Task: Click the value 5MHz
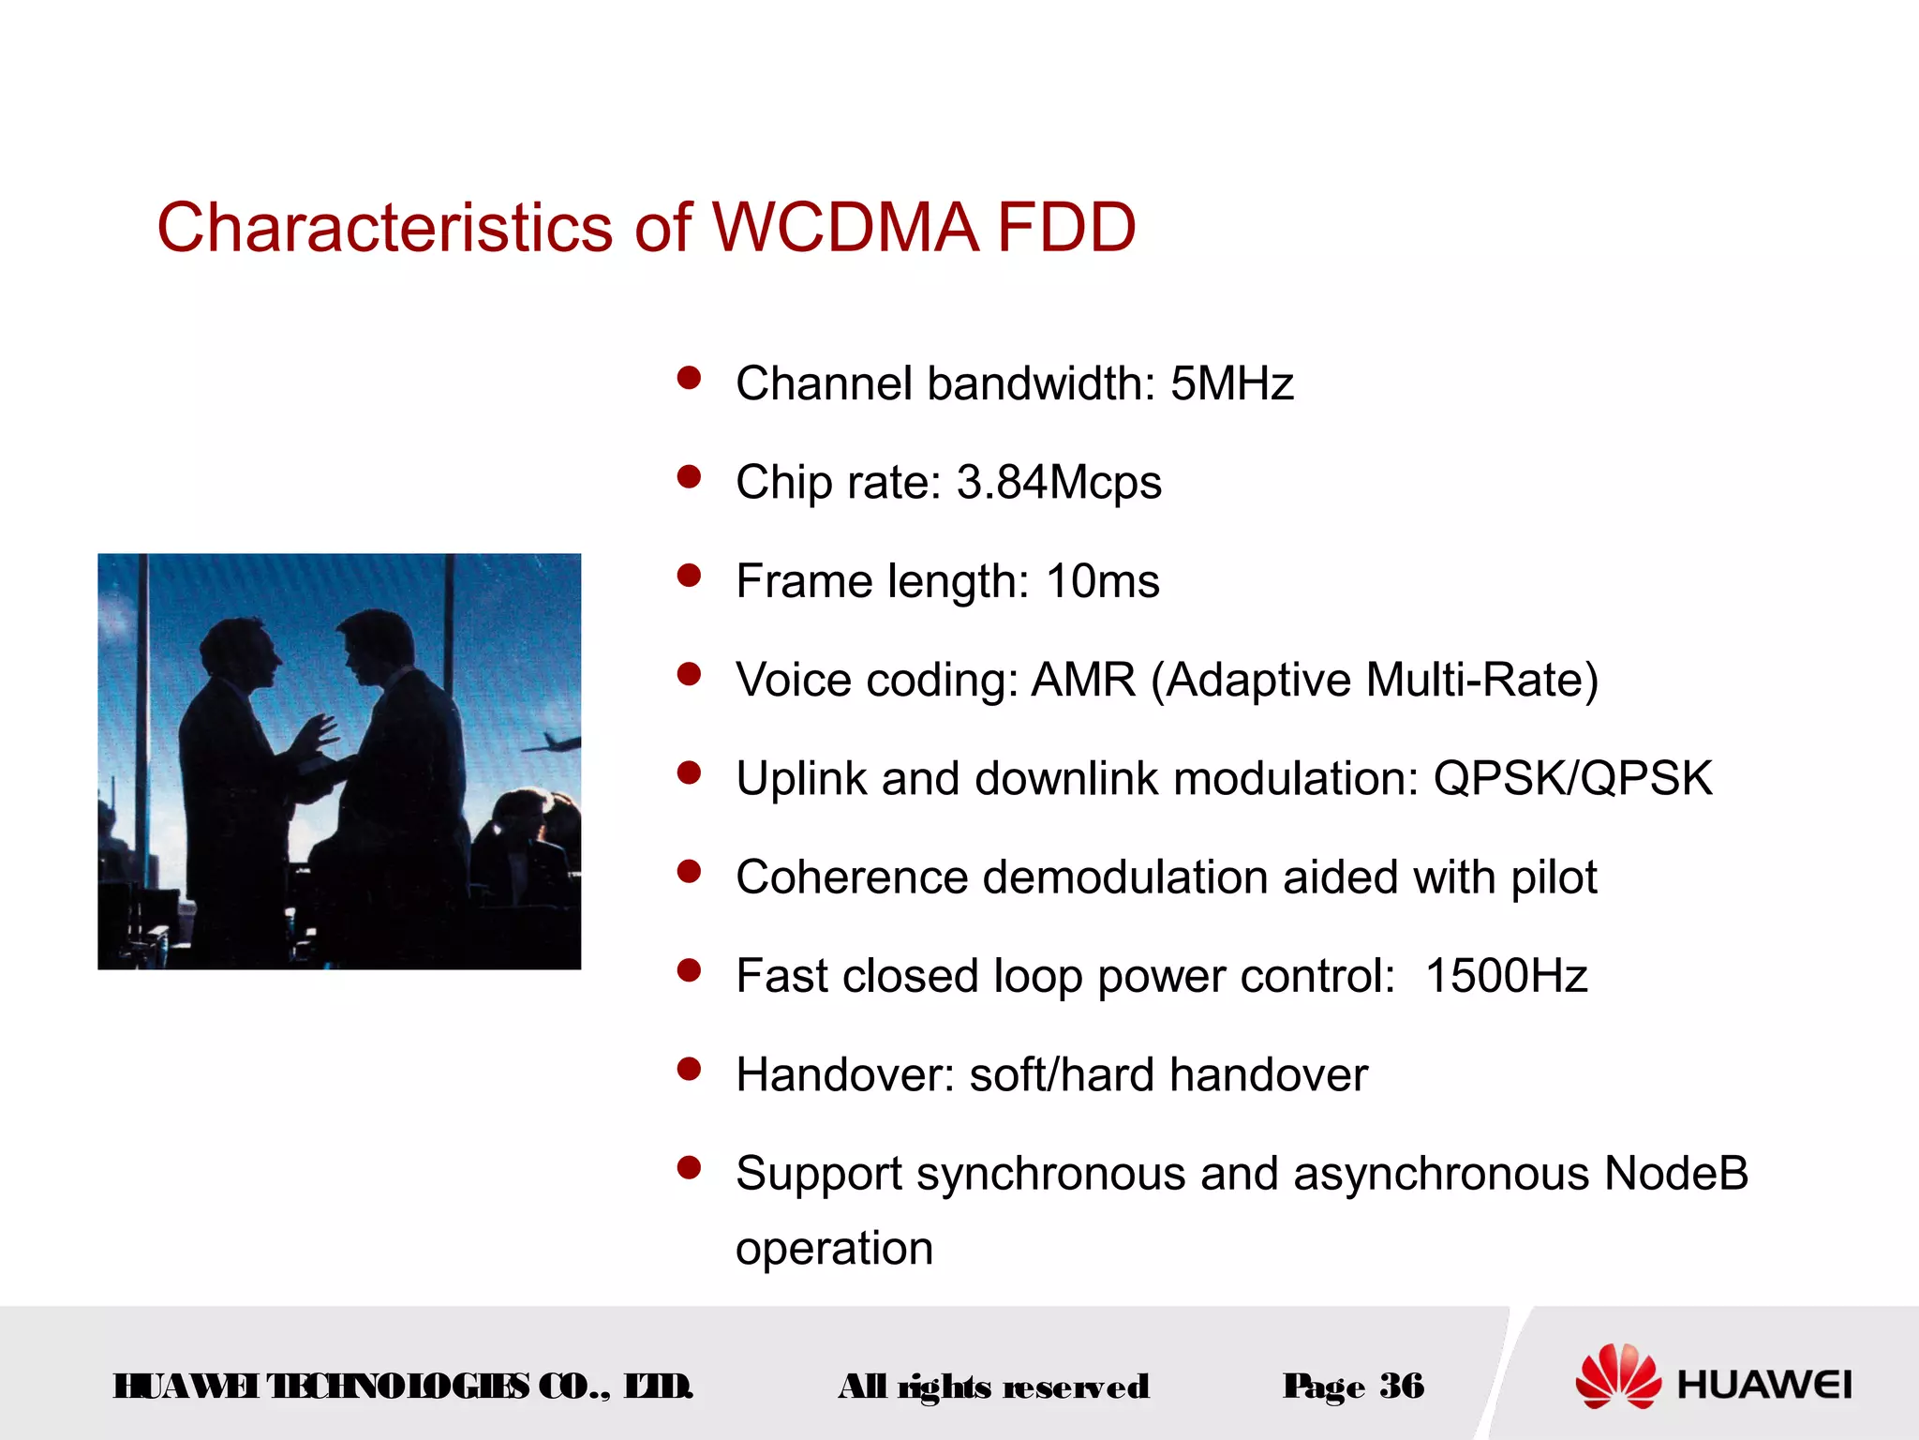click(1231, 384)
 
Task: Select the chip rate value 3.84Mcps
click(1058, 483)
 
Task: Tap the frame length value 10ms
click(1102, 581)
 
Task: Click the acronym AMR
click(1083, 680)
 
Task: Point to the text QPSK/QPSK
click(1572, 779)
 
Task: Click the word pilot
click(1554, 878)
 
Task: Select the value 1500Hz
click(1506, 976)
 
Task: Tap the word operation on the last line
click(834, 1249)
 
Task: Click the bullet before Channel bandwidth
click(690, 378)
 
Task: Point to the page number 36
click(1402, 1386)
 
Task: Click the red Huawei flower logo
click(1618, 1376)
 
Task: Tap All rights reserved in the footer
click(993, 1387)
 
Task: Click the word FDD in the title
click(1065, 228)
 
